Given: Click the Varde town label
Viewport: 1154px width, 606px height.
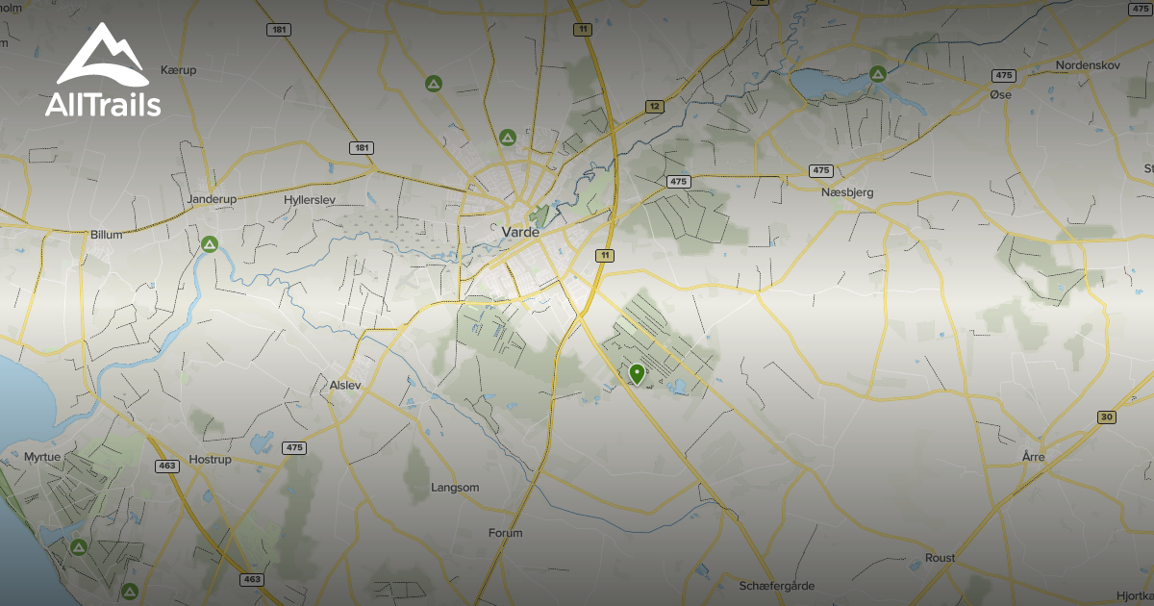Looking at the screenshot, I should tap(520, 232).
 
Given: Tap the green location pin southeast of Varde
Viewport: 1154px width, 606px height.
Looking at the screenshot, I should tap(636, 374).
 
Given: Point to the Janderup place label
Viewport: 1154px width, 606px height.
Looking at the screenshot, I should tap(212, 199).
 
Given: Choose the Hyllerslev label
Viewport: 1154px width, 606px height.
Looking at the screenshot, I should tap(309, 199).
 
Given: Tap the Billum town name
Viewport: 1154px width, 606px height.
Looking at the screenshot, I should tap(106, 234).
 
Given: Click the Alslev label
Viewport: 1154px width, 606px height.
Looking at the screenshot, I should tap(344, 385).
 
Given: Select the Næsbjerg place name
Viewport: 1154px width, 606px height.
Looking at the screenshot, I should tap(847, 192).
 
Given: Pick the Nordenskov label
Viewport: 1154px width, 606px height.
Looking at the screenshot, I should tap(1089, 65).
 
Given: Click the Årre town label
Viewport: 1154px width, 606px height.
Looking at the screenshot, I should tap(1033, 457).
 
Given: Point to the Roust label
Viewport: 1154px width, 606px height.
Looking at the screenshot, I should tap(940, 558).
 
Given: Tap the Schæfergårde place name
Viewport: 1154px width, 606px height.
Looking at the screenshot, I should tap(777, 586).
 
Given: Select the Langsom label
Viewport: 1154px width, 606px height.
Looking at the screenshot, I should tap(456, 488).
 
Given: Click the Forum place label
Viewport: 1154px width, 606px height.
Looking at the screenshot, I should tap(505, 533).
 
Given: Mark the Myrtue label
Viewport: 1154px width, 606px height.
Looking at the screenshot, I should tap(41, 457).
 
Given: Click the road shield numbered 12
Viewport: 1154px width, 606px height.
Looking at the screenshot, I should tap(654, 106).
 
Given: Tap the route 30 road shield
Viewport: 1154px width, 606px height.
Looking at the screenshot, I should tap(1107, 417).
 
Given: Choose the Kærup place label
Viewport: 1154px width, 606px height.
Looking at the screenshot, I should tap(179, 70).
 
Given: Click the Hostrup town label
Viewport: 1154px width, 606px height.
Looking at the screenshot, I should tap(212, 459).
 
